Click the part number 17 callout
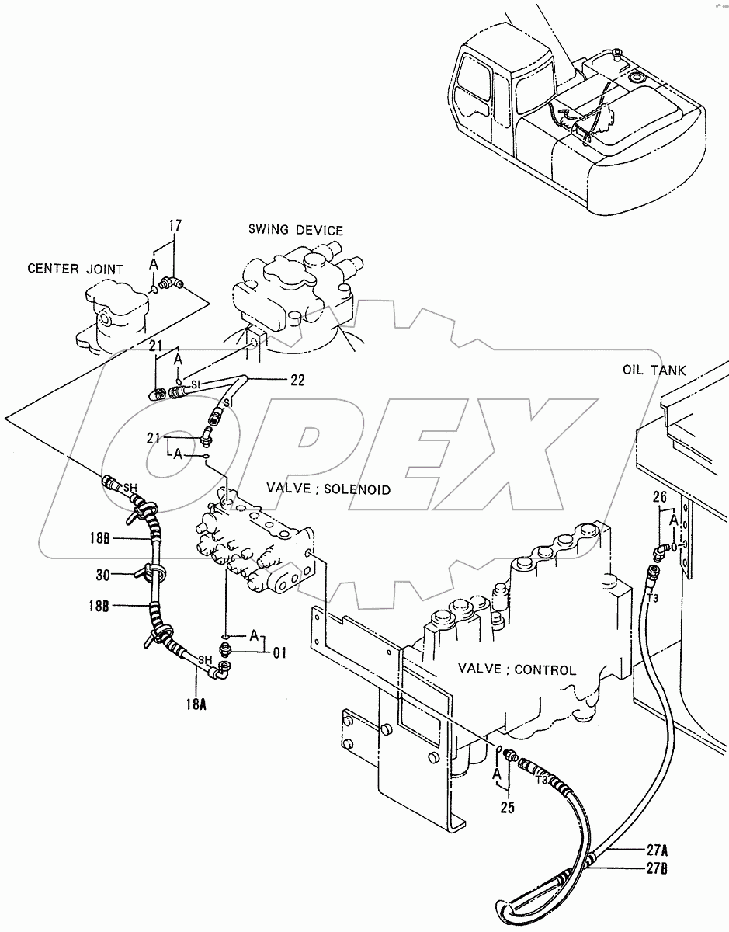coord(175,226)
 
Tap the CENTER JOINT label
coord(75,270)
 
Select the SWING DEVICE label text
coord(295,230)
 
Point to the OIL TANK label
coord(654,370)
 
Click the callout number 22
coord(276,380)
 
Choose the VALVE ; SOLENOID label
coord(328,489)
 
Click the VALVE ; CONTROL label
coord(516,669)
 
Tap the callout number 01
coord(278,653)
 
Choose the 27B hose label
coord(653,868)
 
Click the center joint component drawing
coord(113,315)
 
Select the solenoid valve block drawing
coord(256,544)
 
